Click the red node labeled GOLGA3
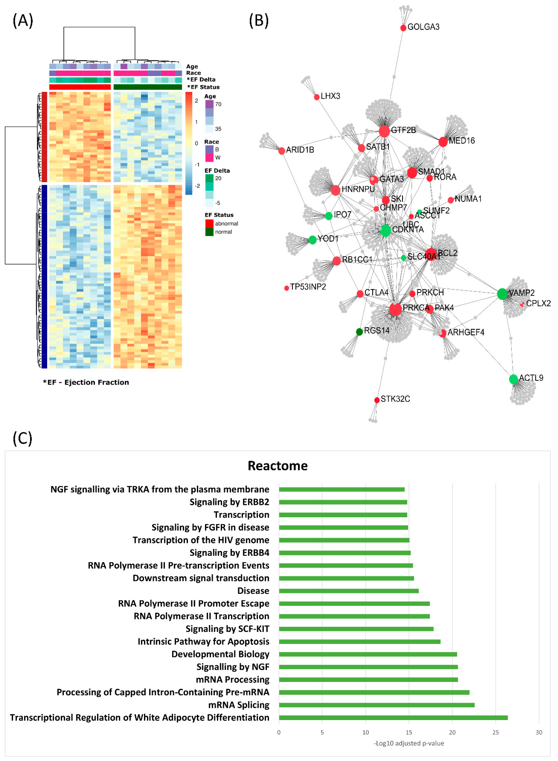pyautogui.click(x=403, y=28)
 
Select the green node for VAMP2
pyautogui.click(x=502, y=294)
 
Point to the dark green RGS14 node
pyautogui.click(x=359, y=332)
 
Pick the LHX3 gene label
pyautogui.click(x=330, y=96)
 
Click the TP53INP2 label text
pyautogui.click(x=308, y=287)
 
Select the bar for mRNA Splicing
pyautogui.click(x=377, y=705)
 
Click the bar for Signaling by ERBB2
pyautogui.click(x=343, y=502)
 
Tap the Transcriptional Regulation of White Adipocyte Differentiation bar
pyautogui.click(x=393, y=718)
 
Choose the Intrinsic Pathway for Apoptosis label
pyautogui.click(x=203, y=641)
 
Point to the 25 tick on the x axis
pyautogui.click(x=496, y=732)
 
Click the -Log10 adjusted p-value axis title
pyautogui.click(x=409, y=743)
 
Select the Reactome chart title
pyautogui.click(x=278, y=465)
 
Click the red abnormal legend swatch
pyautogui.click(x=209, y=223)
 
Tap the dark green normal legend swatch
pyautogui.click(x=209, y=232)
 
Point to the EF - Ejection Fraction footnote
pyautogui.click(x=86, y=382)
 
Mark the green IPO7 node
pyautogui.click(x=329, y=216)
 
